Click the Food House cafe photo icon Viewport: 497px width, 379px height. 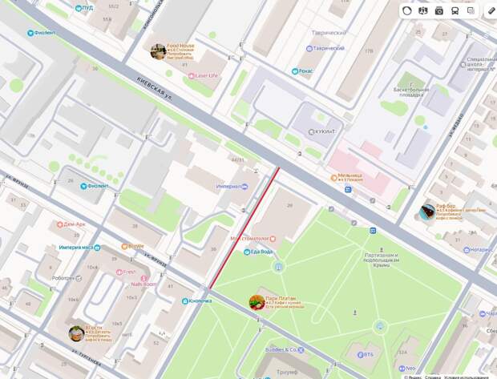click(x=158, y=51)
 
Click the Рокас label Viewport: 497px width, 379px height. click(x=305, y=71)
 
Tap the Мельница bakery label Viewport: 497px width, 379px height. click(x=350, y=175)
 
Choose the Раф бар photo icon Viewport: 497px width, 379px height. click(x=427, y=212)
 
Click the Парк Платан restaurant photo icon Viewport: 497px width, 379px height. click(x=257, y=301)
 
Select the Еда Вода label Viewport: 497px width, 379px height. click(x=261, y=252)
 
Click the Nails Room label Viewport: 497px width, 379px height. click(x=145, y=284)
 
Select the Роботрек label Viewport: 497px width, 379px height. click(x=63, y=278)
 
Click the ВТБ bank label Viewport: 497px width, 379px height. click(x=368, y=353)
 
